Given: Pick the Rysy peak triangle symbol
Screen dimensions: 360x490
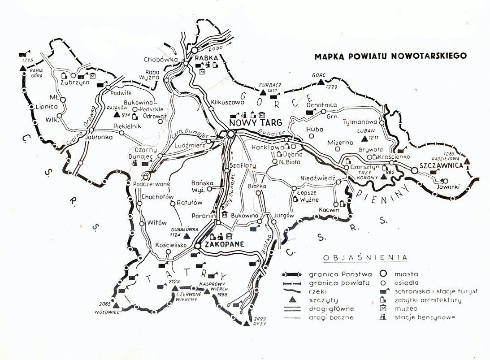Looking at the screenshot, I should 246,322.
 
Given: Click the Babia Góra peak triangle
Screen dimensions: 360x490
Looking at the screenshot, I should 22,68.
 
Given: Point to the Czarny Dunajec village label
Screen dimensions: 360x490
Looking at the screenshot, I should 143,152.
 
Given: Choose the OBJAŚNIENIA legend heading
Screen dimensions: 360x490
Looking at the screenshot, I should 365,258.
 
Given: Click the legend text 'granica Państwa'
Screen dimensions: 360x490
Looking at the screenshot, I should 332,273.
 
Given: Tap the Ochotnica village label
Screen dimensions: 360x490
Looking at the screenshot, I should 321,105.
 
